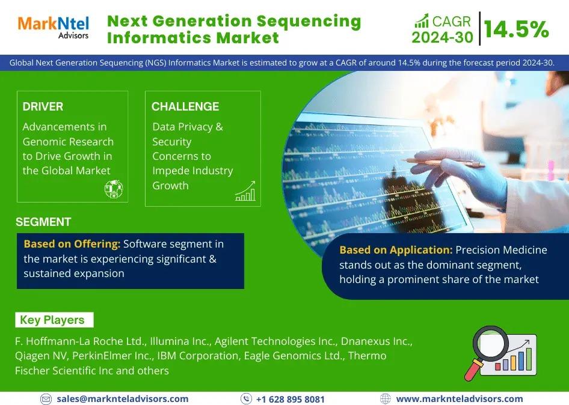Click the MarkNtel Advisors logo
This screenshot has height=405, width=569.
pos(54,27)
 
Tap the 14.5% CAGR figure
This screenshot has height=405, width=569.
pos(516,29)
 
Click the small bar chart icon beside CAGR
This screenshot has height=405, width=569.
pos(422,20)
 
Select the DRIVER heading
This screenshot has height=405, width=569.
pos(43,106)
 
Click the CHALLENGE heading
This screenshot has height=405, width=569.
pos(185,106)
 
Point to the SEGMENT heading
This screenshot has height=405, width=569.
pos(43,222)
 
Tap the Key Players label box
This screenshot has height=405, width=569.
pos(54,320)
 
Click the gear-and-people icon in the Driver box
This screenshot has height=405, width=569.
pos(114,189)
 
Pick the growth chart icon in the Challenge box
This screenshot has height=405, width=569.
pos(245,191)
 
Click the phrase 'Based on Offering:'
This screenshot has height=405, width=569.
pos(72,244)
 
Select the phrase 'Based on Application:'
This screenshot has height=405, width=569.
pos(396,250)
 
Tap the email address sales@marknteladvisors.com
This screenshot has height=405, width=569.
pos(122,399)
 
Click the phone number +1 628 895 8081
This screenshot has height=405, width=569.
pos(291,399)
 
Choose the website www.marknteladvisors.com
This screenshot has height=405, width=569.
pos(460,399)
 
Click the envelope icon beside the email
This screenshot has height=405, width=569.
pos(46,399)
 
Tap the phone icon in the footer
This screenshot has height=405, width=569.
pos(246,399)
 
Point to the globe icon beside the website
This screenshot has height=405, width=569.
pos(385,399)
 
